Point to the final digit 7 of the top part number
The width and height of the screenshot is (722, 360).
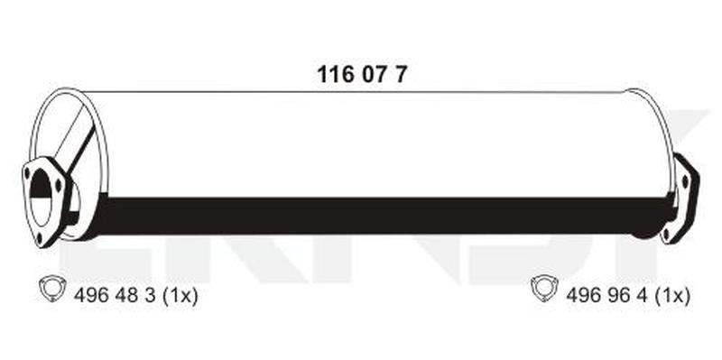click(401, 74)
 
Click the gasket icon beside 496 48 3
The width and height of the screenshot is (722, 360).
click(52, 289)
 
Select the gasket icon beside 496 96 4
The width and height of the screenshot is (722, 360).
click(545, 289)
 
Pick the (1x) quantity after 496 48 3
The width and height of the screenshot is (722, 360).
click(179, 297)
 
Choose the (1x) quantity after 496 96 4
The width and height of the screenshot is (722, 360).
click(671, 297)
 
